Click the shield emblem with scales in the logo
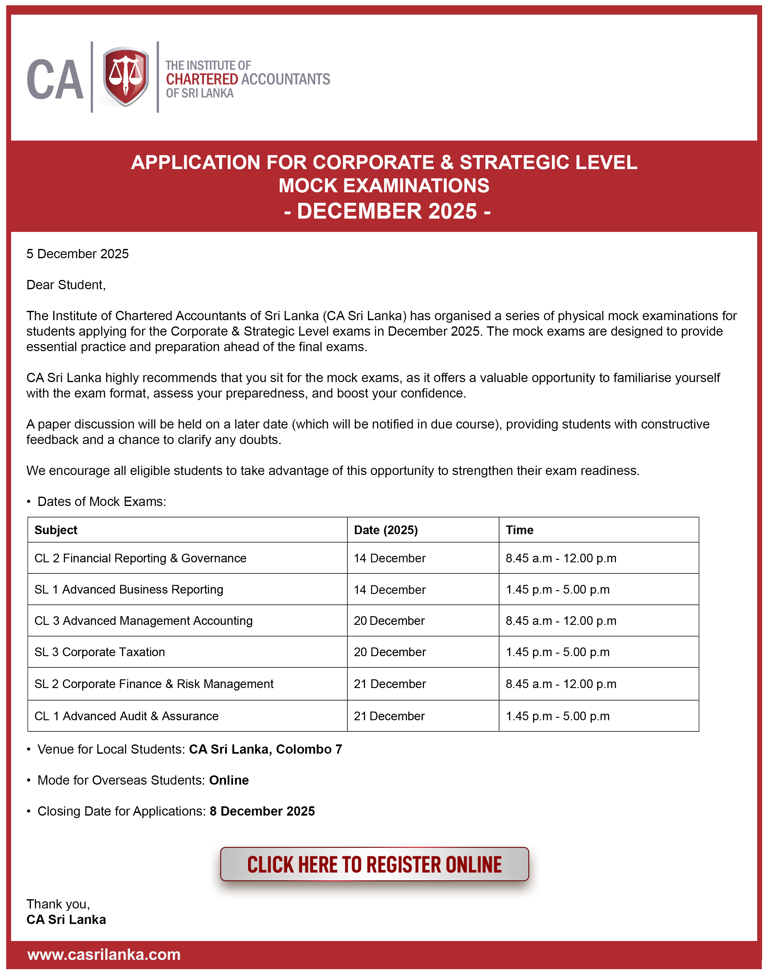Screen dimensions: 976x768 [x=125, y=76]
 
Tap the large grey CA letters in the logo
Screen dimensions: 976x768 [x=55, y=80]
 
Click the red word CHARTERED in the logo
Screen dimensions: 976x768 [x=202, y=79]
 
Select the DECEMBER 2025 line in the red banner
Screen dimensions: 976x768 [x=387, y=211]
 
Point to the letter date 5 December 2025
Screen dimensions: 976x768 [x=77, y=254]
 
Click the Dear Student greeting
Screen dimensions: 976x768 [x=66, y=285]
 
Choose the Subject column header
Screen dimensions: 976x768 [x=56, y=530]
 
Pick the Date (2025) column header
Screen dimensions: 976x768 [x=386, y=530]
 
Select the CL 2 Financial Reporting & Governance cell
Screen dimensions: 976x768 [x=140, y=558]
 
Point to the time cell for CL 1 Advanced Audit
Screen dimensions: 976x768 [x=557, y=716]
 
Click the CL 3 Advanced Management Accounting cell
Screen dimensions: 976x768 [x=143, y=621]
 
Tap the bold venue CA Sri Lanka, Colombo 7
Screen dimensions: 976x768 [x=265, y=749]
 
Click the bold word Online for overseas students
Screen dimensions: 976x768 [x=229, y=780]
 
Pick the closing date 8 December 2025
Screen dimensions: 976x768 [x=262, y=812]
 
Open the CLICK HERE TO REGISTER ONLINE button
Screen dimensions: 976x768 [x=374, y=865]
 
